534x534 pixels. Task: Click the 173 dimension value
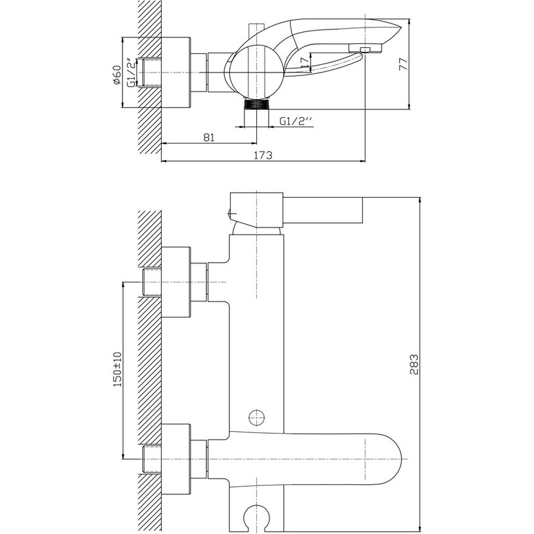pyautogui.click(x=263, y=155)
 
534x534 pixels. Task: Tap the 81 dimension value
pyautogui.click(x=209, y=137)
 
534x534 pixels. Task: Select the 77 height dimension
pyautogui.click(x=403, y=64)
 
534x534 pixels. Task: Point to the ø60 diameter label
pyautogui.click(x=116, y=75)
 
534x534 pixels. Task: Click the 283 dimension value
pyautogui.click(x=414, y=364)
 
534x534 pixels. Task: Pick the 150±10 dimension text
pyautogui.click(x=117, y=369)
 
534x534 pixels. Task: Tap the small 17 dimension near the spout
pyautogui.click(x=304, y=62)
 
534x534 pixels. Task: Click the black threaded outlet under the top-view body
pyautogui.click(x=257, y=104)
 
